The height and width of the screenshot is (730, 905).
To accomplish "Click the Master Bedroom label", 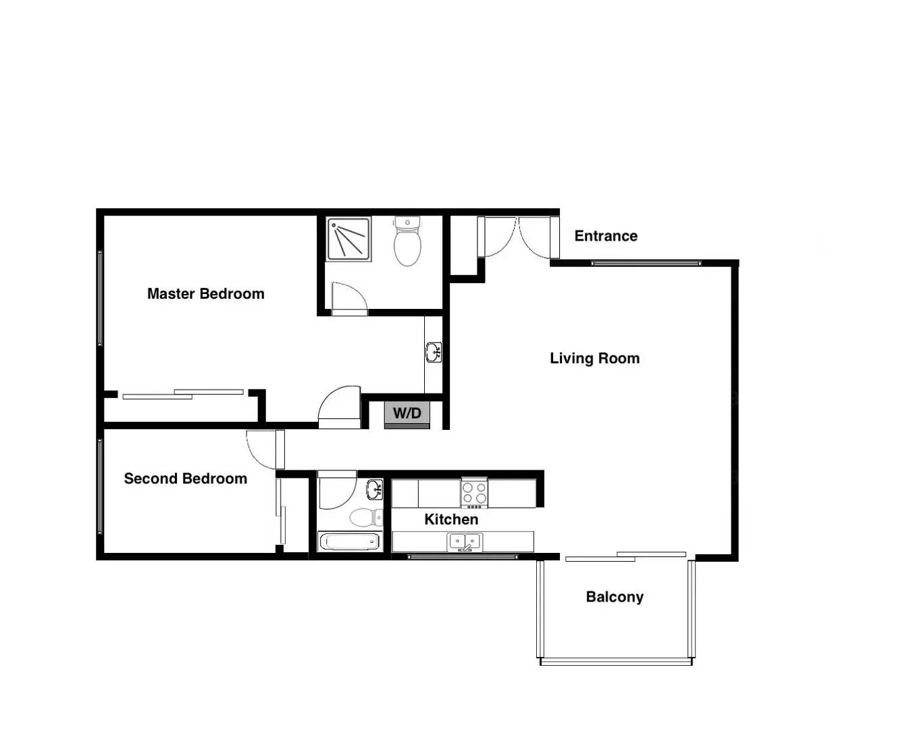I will [205, 294].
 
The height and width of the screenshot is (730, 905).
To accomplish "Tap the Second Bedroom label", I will [185, 479].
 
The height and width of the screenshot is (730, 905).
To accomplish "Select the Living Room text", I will [594, 358].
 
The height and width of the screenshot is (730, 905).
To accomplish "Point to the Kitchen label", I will [451, 519].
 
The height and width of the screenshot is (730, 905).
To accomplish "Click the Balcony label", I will [615, 597].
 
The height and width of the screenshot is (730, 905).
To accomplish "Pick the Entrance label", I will [606, 236].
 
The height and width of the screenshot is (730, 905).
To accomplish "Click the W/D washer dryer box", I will [407, 414].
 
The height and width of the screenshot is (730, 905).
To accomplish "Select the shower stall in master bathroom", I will [348, 239].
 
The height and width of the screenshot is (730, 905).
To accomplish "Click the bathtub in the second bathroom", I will [349, 541].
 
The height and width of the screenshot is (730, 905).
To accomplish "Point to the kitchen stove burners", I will [474, 493].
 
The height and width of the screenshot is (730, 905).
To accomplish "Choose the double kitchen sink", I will [465, 541].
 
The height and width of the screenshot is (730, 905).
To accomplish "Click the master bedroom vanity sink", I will [433, 352].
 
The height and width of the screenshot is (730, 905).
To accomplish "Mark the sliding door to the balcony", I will [626, 556].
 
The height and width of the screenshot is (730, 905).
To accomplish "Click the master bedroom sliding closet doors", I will [182, 394].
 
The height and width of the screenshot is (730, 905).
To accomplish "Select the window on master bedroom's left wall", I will [100, 297].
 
